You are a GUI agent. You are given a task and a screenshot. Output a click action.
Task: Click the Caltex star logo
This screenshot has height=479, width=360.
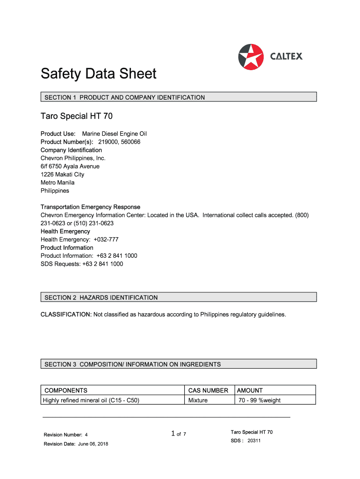251,57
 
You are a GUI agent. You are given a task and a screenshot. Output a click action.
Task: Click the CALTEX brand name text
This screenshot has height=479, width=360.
286,57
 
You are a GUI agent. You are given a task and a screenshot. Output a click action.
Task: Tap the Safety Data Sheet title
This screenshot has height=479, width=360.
98,74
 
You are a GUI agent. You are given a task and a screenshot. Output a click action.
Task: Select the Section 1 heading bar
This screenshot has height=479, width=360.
178,97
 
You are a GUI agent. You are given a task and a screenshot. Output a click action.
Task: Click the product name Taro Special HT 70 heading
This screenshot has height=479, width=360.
76,116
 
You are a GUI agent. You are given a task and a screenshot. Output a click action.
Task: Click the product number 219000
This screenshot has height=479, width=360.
108,142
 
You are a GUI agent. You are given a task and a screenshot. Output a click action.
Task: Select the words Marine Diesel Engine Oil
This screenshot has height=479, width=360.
115,134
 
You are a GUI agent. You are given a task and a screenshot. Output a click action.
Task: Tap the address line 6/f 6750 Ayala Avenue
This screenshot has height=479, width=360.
70,166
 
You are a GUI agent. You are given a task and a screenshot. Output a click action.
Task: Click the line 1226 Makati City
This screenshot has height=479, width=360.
63,174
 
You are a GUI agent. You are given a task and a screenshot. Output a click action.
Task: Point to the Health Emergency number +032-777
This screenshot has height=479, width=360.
106,239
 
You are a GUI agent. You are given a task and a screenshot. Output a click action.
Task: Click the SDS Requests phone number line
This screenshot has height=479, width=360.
82,264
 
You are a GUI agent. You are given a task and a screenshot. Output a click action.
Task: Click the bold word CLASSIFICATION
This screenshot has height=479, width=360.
65,314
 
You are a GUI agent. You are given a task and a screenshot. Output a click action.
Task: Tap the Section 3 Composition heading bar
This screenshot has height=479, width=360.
178,364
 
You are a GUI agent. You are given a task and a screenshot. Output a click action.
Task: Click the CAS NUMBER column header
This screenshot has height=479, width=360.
208,391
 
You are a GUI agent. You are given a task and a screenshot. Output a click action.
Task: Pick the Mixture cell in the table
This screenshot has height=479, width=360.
198,400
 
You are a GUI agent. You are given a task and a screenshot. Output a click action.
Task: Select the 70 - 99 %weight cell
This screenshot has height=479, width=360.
259,400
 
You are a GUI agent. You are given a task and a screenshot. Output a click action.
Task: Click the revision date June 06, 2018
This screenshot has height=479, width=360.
93,444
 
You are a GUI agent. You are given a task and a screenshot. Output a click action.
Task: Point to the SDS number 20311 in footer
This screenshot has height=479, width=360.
254,441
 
